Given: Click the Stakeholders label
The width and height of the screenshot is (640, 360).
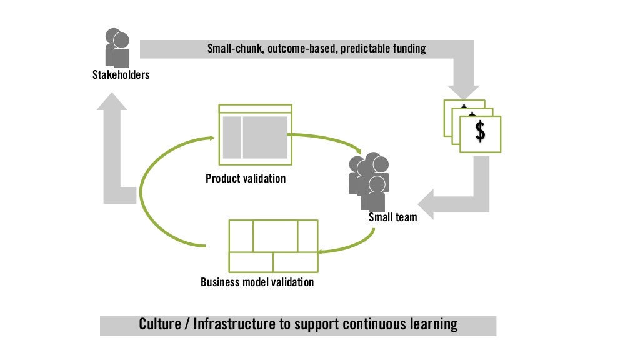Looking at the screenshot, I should click(x=121, y=76).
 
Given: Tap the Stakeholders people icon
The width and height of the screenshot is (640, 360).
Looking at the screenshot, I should click(x=117, y=47).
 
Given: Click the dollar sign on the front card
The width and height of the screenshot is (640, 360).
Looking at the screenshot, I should click(x=480, y=131).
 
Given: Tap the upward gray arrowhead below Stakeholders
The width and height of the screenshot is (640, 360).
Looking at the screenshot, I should click(x=112, y=102).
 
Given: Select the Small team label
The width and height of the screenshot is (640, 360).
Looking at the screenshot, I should click(x=392, y=217).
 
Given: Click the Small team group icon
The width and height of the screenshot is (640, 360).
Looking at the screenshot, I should click(x=370, y=181).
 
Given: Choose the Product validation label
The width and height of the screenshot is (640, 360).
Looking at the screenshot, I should click(x=246, y=179).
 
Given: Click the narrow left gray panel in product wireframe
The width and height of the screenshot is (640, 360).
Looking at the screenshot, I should click(x=231, y=137).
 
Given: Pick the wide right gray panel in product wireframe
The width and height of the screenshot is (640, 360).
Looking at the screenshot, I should click(x=265, y=137).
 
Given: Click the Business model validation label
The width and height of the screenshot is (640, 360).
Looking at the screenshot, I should click(x=257, y=282).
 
